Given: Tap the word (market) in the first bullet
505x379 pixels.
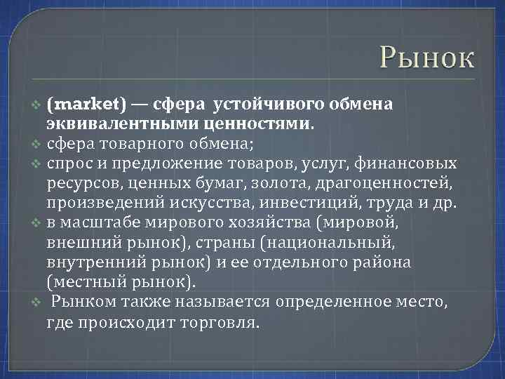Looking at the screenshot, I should point(87,105).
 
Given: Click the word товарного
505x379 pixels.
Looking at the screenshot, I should point(151,145).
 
